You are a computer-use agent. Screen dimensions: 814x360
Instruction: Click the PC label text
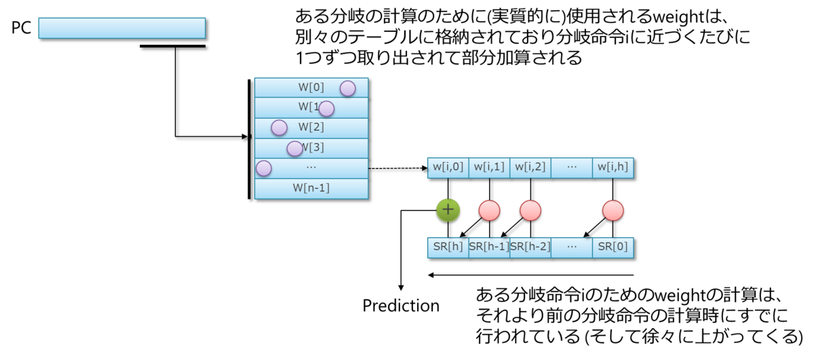coord(22,28)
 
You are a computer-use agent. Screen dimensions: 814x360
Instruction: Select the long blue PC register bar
coord(122,28)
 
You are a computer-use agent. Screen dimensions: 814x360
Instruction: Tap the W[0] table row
coord(311,87)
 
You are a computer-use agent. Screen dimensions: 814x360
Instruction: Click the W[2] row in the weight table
coord(311,128)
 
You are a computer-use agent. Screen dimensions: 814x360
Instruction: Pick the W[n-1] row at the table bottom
coord(311,188)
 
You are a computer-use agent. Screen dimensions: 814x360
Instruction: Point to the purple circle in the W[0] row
coord(348,88)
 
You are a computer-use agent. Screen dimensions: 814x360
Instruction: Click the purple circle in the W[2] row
coord(279,128)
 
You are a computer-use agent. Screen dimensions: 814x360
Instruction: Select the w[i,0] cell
coord(448,168)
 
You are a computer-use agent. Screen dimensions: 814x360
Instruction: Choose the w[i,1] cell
coord(489,168)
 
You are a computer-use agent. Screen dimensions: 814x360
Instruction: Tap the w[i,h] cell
coord(613,168)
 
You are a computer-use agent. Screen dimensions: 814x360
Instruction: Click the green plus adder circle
coord(448,210)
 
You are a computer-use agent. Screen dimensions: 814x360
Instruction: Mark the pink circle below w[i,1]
coord(490,210)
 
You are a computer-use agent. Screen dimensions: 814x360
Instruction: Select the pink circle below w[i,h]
coord(613,210)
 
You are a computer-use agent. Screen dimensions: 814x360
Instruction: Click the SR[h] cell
coord(448,247)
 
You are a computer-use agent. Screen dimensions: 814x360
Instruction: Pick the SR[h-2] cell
coord(530,247)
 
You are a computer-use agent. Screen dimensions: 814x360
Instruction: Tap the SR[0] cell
coord(613,247)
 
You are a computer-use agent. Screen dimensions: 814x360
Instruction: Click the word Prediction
coord(401,306)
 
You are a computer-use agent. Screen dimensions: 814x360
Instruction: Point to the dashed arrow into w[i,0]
coord(398,168)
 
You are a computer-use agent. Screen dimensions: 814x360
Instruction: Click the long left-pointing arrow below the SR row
coord(530,275)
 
